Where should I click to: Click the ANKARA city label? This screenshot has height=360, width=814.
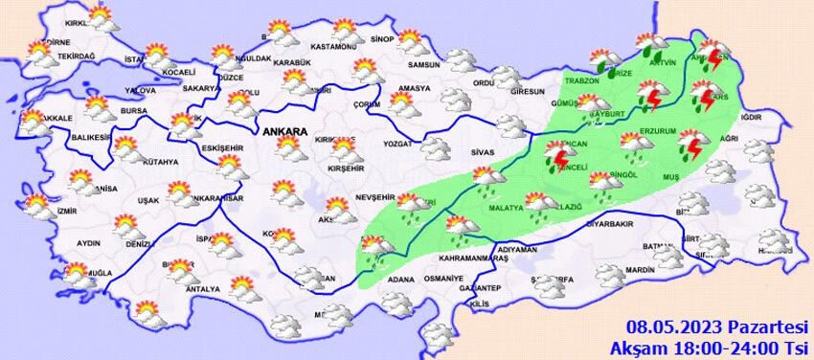point(283,130)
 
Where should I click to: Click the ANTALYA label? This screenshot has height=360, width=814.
point(204,289)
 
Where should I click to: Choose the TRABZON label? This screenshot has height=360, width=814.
point(579,81)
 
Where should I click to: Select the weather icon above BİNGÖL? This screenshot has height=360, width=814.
point(601,182)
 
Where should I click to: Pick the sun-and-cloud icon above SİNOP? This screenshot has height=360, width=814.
point(412,41)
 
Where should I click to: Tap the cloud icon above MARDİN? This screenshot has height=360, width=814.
point(610,276)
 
